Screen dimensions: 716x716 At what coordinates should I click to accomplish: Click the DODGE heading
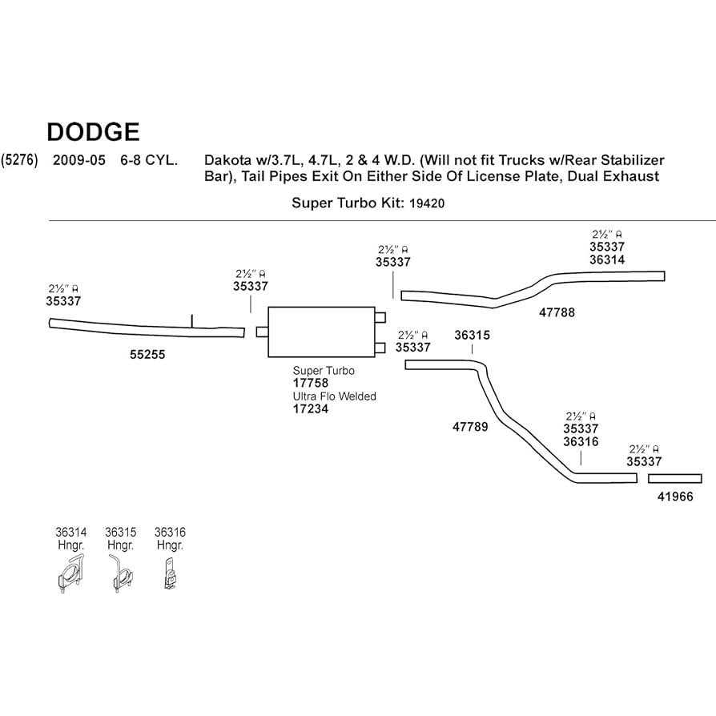coord(93,131)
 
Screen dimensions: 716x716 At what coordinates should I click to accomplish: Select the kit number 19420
coord(426,203)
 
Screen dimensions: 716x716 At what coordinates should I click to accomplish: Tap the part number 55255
coord(147,353)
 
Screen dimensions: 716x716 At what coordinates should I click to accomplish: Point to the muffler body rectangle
coord(321,332)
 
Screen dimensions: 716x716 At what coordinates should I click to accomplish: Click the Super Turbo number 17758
coord(311,383)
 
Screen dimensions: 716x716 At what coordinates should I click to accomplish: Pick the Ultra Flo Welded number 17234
coord(311,408)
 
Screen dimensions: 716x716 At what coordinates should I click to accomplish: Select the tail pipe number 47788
coord(557,312)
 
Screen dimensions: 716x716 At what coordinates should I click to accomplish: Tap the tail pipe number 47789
coord(470,427)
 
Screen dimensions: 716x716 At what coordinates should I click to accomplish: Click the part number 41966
coord(675,497)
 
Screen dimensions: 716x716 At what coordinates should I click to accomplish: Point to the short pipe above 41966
coord(681,478)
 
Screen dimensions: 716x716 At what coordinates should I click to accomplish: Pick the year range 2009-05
coord(78,159)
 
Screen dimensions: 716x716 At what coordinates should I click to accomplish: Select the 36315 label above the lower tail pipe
coord(472,336)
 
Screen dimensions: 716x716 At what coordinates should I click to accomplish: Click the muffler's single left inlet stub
coord(262,332)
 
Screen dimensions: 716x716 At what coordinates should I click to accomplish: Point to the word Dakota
coord(227,160)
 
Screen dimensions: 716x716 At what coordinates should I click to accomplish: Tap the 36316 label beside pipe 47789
coord(581,441)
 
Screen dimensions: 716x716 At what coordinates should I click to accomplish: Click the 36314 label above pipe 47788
coord(607,259)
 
